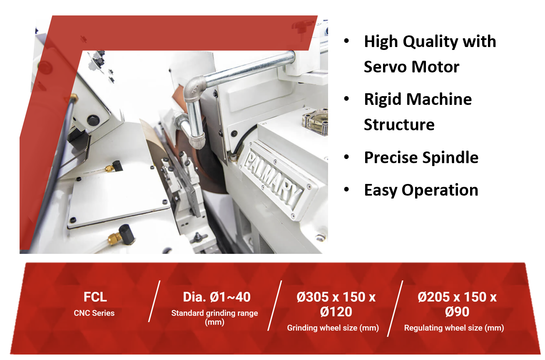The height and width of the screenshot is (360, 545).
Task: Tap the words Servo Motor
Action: (x=411, y=67)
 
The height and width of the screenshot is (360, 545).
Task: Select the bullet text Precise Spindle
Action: (x=421, y=158)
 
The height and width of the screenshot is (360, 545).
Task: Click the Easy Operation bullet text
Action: (x=421, y=190)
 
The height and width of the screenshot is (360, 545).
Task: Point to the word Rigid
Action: (x=383, y=100)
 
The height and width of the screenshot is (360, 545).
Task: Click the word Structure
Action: (x=399, y=125)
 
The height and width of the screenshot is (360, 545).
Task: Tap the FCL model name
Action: (x=95, y=297)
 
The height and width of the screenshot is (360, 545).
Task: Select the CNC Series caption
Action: (x=94, y=313)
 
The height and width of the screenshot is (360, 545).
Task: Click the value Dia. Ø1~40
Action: (x=217, y=297)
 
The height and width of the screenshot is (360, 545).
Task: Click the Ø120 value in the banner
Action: (x=336, y=312)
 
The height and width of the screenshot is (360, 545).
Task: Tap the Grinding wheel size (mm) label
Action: (x=333, y=328)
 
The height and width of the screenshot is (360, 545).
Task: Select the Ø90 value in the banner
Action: (x=457, y=312)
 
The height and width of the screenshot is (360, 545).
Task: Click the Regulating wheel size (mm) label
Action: (x=454, y=328)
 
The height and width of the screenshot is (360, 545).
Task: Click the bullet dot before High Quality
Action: (x=346, y=41)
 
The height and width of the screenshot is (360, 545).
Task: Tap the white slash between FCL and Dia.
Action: (x=154, y=301)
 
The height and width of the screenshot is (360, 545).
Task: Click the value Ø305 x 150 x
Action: (x=336, y=297)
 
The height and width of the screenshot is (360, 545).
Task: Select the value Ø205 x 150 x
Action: (x=457, y=297)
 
